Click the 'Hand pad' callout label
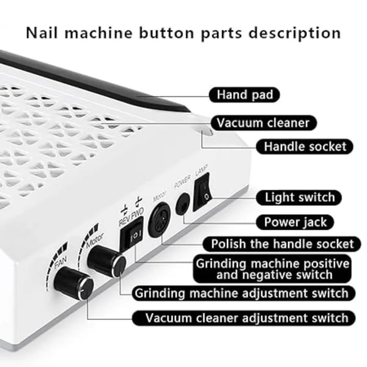pos(244,95)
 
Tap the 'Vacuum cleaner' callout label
pos(263,123)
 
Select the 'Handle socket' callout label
pos(305,147)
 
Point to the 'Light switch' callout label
pos(299,198)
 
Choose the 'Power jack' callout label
pos(295,222)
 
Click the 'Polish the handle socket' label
pos(282,244)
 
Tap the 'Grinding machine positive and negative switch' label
pos(272,269)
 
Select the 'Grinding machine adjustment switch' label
pos(243,293)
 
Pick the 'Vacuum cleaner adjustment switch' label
pos(243,318)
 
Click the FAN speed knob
pos(74,283)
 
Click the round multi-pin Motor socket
pos(159,220)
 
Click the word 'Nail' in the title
pos(42,33)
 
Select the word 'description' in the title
pos(295,34)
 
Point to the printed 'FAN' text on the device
pos(61,262)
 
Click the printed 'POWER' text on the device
pos(182,182)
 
